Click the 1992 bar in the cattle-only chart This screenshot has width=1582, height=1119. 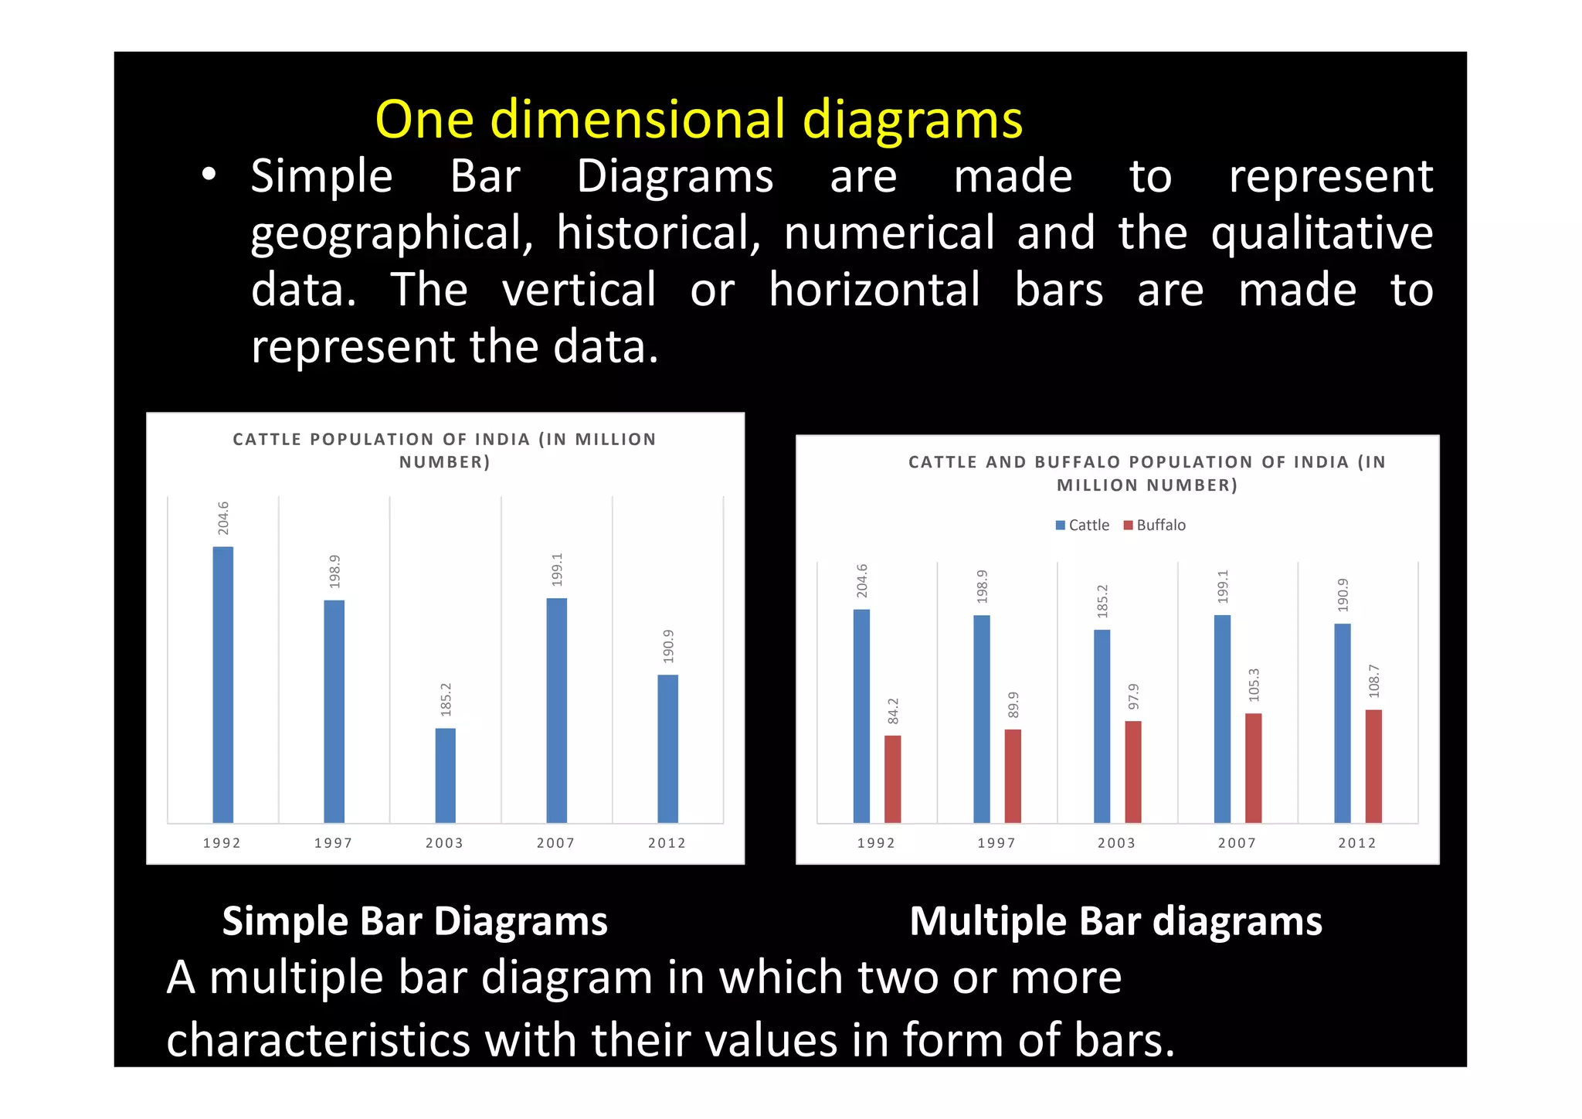pyautogui.click(x=222, y=684)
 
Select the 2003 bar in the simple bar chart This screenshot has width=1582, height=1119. pyautogui.click(x=445, y=775)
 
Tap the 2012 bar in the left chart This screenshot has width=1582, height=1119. pyautogui.click(x=667, y=748)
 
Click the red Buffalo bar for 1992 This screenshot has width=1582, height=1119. pyautogui.click(x=892, y=778)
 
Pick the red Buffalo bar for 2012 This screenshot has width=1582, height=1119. pyautogui.click(x=1373, y=766)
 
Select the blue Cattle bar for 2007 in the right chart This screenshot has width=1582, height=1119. pyautogui.click(x=1222, y=719)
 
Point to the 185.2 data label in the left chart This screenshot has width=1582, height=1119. pyautogui.click(x=446, y=699)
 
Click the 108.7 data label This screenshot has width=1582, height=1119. pyautogui.click(x=1373, y=681)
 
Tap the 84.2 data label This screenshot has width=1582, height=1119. pyautogui.click(x=893, y=711)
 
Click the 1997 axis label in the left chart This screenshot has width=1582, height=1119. pyautogui.click(x=333, y=843)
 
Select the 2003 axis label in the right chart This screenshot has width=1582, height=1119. pyautogui.click(x=1116, y=843)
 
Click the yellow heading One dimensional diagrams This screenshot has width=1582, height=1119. pyautogui.click(x=698, y=120)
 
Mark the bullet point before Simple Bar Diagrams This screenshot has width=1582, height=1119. pyautogui.click(x=209, y=175)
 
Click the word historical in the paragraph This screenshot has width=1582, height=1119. pyautogui.click(x=657, y=233)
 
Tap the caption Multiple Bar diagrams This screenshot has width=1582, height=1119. pyautogui.click(x=1115, y=921)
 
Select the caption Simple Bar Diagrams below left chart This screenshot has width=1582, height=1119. pyautogui.click(x=415, y=921)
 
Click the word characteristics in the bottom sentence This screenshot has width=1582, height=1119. pyautogui.click(x=318, y=1039)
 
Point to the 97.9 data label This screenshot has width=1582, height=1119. pyautogui.click(x=1133, y=696)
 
